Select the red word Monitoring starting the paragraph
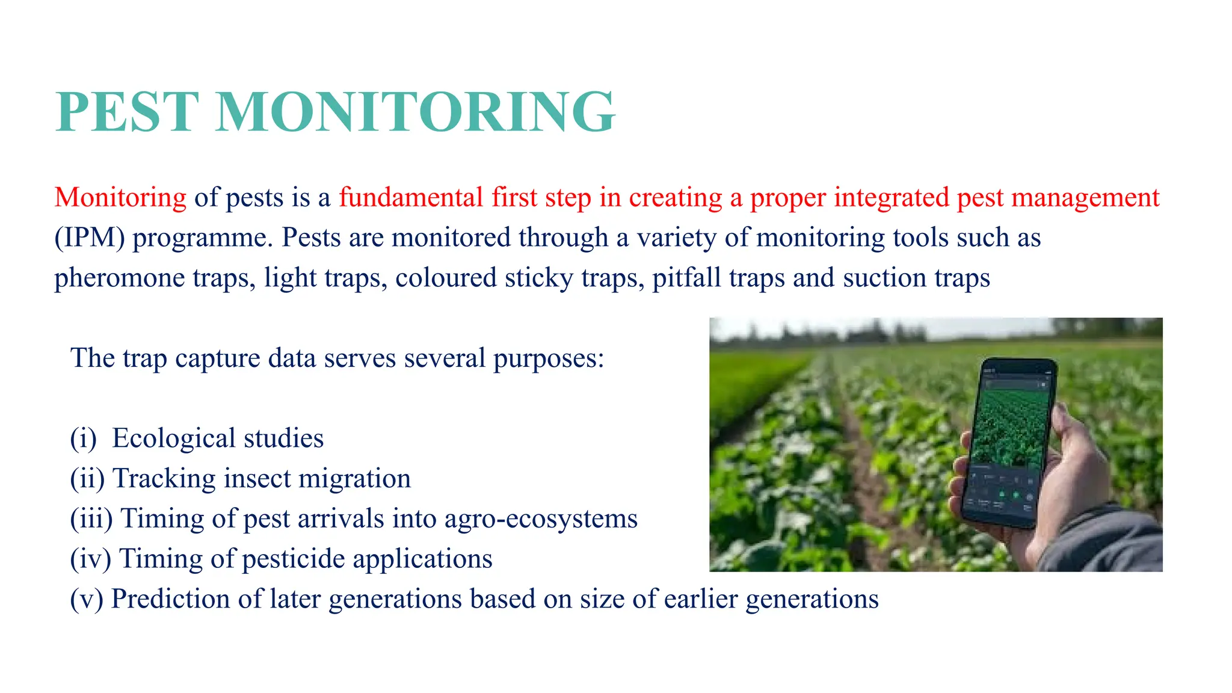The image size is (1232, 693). tap(120, 197)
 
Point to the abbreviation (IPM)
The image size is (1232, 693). tap(90, 238)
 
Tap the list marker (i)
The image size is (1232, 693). tap(83, 439)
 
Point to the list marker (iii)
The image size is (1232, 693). tap(91, 519)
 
